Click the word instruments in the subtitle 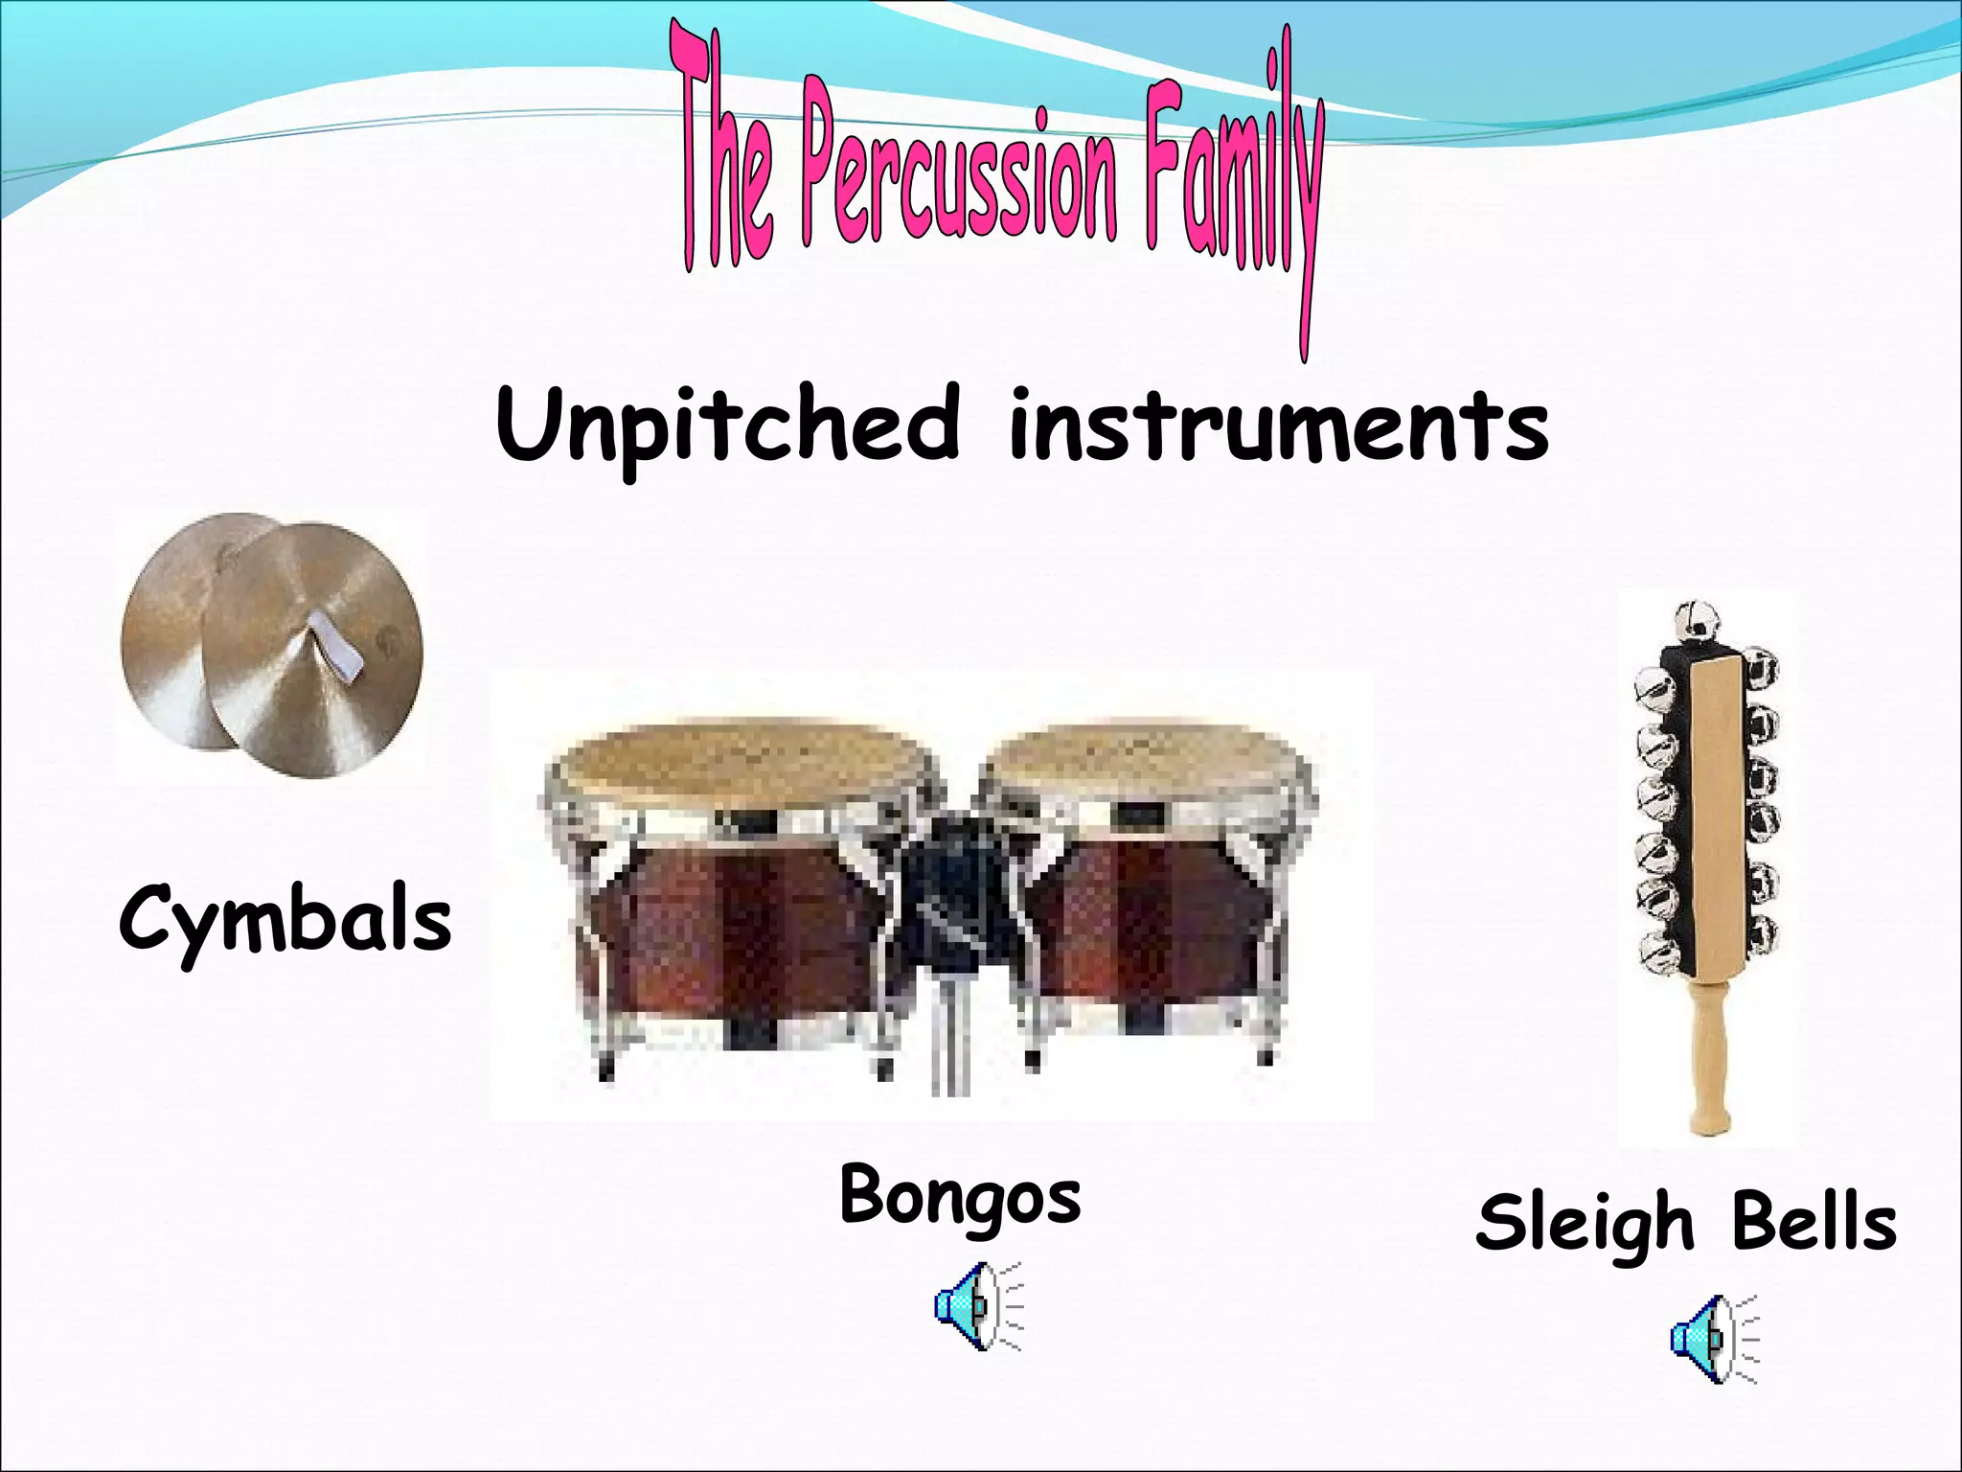click(1278, 426)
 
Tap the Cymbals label click(285, 920)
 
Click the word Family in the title click(1236, 172)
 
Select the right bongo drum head click(1145, 762)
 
